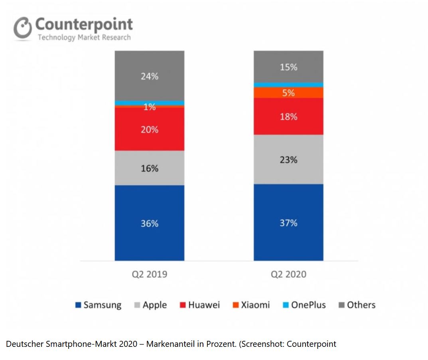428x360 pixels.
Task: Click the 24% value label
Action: (149, 76)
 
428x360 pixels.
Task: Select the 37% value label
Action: (288, 223)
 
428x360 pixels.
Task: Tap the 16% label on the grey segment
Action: (149, 168)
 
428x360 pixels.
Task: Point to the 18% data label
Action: (288, 117)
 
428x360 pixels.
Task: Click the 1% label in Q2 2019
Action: (149, 107)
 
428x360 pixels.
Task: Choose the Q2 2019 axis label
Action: (149, 274)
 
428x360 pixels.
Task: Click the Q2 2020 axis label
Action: (288, 274)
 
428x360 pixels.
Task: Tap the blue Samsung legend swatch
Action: (78, 305)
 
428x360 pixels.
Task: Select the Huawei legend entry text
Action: (204, 305)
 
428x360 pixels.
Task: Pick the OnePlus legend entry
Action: (308, 305)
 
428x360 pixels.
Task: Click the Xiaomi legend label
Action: (255, 305)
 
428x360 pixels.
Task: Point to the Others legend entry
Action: (361, 305)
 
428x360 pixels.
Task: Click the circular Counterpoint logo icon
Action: (23, 29)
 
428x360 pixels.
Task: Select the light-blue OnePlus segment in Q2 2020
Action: (288, 85)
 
